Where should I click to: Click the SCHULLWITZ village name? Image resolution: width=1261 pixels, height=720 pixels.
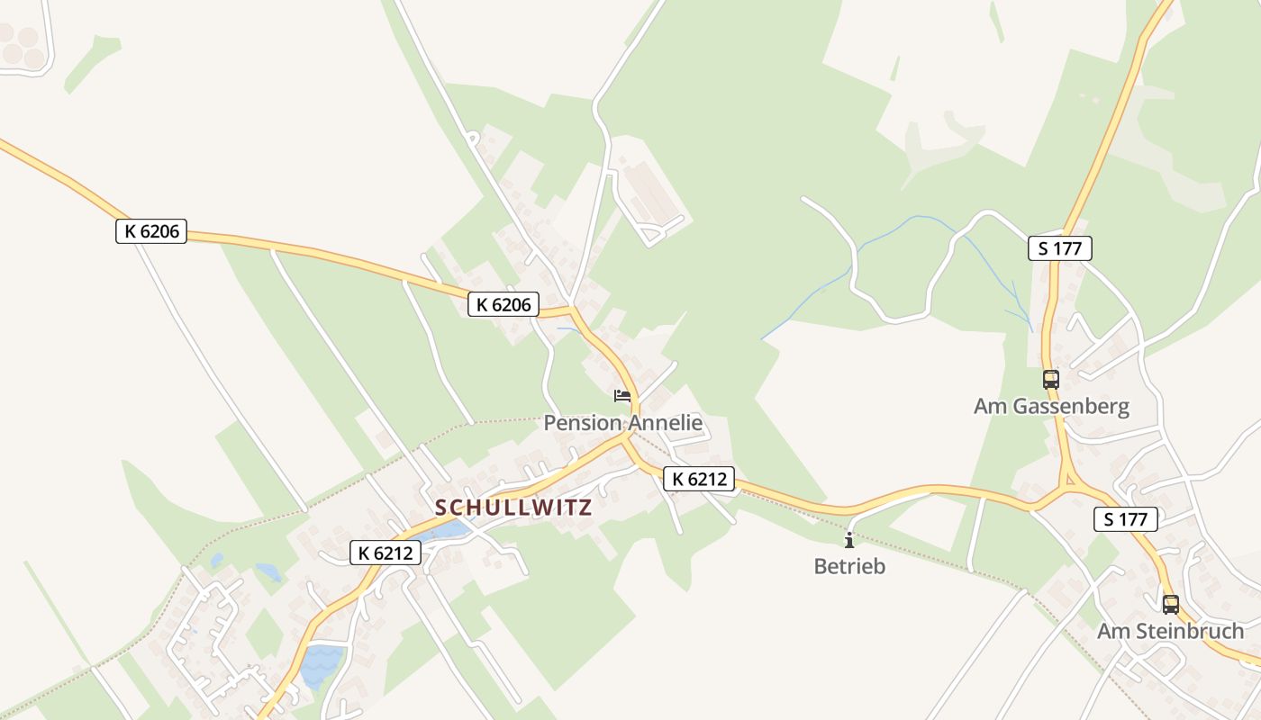pyautogui.click(x=513, y=508)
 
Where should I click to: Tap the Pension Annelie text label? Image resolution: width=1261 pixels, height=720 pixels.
pyautogui.click(x=622, y=423)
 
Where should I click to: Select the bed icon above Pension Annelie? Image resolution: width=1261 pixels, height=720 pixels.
pyautogui.click(x=621, y=395)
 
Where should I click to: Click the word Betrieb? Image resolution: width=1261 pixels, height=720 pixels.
pyautogui.click(x=849, y=567)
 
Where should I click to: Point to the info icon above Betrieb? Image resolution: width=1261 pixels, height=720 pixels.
pyautogui.click(x=848, y=540)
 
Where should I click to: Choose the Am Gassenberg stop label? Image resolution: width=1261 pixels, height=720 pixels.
pyautogui.click(x=1051, y=407)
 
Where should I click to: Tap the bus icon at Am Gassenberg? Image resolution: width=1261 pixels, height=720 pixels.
pyautogui.click(x=1050, y=379)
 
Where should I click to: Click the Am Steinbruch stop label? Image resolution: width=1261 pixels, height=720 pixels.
pyautogui.click(x=1170, y=632)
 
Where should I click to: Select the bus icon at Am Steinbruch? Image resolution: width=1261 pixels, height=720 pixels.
pyautogui.click(x=1170, y=604)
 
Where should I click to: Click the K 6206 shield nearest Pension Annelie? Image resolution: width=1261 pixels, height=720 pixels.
pyautogui.click(x=503, y=305)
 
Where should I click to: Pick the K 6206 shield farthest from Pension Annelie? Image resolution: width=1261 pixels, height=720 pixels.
pyautogui.click(x=151, y=231)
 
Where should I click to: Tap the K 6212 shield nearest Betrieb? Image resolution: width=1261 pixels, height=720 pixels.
pyautogui.click(x=699, y=479)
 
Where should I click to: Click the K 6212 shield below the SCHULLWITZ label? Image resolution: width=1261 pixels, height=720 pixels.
pyautogui.click(x=386, y=553)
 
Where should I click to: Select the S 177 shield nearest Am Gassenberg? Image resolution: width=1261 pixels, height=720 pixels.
pyautogui.click(x=1059, y=248)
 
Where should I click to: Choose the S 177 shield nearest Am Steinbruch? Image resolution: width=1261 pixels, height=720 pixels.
pyautogui.click(x=1125, y=519)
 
